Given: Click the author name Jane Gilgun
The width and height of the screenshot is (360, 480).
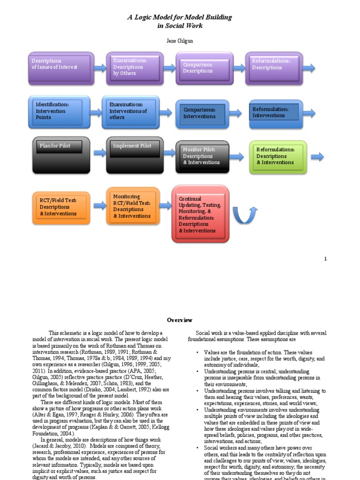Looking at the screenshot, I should click(x=180, y=41).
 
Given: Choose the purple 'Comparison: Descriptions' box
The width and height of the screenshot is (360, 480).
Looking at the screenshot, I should click(x=204, y=68).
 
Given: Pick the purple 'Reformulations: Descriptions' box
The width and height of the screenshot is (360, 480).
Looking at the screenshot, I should click(x=274, y=68).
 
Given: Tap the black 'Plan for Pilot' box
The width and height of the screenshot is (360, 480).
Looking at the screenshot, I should click(x=61, y=155).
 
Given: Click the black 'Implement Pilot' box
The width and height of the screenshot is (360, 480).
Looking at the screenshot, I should click(x=135, y=155).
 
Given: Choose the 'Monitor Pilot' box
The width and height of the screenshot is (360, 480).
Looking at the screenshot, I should click(x=202, y=157).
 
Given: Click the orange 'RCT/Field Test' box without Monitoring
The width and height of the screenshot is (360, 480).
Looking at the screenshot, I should click(x=61, y=207).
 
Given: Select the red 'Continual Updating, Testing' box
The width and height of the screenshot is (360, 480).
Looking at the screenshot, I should click(x=201, y=214).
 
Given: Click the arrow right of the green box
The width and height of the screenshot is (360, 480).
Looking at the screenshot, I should click(x=317, y=157).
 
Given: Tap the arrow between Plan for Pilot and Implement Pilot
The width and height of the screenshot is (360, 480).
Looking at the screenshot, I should click(x=99, y=153).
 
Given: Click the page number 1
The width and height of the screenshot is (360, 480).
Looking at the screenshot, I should click(x=326, y=259).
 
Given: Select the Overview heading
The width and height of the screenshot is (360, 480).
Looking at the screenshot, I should click(x=180, y=320).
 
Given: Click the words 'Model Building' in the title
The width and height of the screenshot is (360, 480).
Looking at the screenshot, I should click(x=209, y=17).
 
